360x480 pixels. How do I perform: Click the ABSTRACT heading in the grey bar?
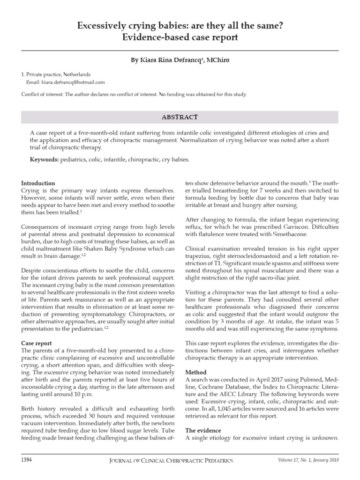tap(180, 117)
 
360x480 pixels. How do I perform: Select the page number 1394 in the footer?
tap(26, 460)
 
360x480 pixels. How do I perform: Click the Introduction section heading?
tap(38, 183)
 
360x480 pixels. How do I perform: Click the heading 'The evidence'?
tap(204, 430)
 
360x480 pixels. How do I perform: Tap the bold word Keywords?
tap(44, 160)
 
